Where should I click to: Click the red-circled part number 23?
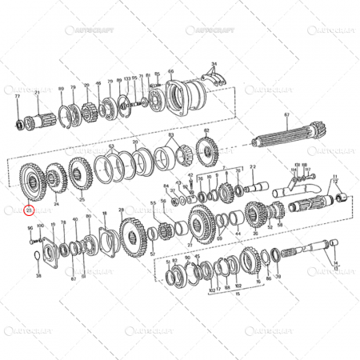pos(30,210)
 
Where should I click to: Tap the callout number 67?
pos(286,114)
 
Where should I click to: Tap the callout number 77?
pos(17,94)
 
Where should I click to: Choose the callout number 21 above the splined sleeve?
pos(37,94)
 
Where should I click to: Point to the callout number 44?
pos(238,234)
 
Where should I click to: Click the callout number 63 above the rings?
pos(112,146)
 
